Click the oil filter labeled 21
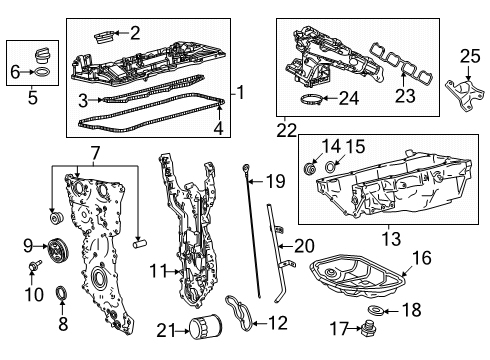[x=205, y=327]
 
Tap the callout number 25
[x=470, y=56]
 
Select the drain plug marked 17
[x=369, y=329]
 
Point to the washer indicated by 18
[x=376, y=310]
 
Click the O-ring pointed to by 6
[x=42, y=72]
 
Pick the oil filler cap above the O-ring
[x=42, y=55]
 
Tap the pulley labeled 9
[x=58, y=251]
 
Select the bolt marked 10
[x=35, y=265]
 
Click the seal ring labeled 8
[x=61, y=293]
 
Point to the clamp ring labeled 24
[x=311, y=100]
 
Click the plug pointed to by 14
[x=310, y=168]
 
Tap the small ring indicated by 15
[x=331, y=166]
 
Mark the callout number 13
[x=391, y=239]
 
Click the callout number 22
[x=286, y=131]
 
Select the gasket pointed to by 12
[x=239, y=313]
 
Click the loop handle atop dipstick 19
[x=245, y=167]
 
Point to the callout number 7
[x=95, y=153]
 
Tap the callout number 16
[x=422, y=258]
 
